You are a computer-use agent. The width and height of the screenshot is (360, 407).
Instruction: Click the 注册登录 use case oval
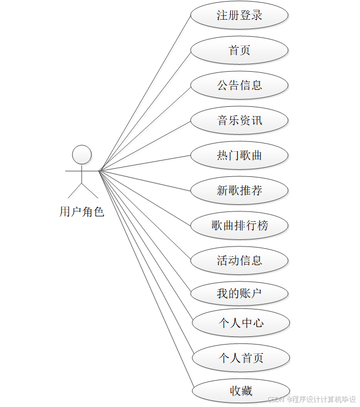[239, 15]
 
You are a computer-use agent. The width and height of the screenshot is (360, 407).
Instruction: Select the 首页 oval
[239, 50]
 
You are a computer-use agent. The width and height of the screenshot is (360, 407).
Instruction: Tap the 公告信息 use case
[239, 85]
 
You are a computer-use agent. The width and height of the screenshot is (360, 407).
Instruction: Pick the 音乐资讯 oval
[239, 121]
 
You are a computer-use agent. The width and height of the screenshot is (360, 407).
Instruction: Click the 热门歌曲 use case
[239, 156]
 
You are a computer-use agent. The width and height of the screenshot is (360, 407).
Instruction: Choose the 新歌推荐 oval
[239, 191]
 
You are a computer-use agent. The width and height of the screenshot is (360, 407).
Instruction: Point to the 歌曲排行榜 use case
[239, 225]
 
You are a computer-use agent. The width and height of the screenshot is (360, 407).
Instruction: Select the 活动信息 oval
[239, 260]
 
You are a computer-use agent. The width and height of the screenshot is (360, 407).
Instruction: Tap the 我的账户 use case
[239, 294]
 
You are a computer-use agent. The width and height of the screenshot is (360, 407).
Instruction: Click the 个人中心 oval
[241, 323]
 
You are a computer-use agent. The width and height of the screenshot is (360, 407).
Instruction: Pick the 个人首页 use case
[241, 358]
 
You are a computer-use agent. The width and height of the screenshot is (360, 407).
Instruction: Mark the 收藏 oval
[241, 391]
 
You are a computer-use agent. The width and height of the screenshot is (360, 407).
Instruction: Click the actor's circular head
[82, 154]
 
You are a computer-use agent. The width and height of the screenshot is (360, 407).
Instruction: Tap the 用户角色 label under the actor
[82, 212]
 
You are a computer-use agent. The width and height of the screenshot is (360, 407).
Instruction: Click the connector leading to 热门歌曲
[145, 163]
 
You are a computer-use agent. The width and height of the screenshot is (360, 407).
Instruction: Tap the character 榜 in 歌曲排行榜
[262, 225]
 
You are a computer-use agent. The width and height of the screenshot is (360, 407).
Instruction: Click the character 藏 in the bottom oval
[247, 391]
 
